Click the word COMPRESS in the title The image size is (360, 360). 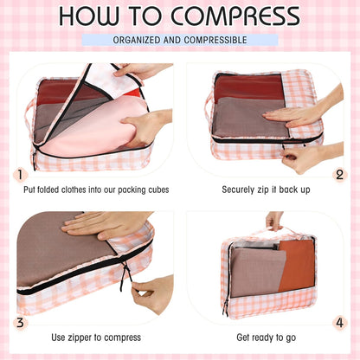click(235, 16)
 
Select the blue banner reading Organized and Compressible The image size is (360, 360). click(180, 40)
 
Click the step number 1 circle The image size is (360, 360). click(20, 175)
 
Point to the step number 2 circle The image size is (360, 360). click(340, 175)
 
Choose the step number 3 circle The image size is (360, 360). click(20, 322)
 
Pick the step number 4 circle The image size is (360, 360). click(340, 322)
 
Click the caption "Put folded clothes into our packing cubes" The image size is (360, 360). click(98, 189)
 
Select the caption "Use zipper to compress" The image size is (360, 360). click(96, 337)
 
